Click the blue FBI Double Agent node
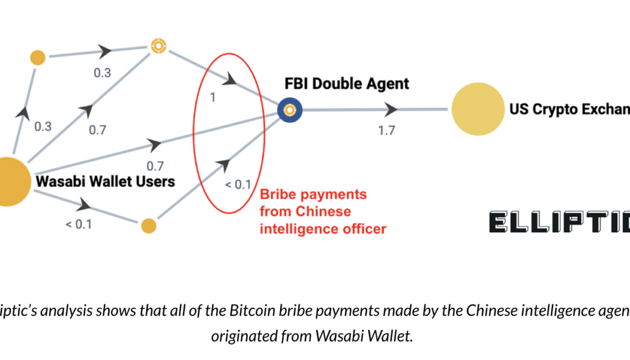[290, 110]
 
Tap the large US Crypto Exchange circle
[478, 109]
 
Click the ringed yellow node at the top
[158, 45]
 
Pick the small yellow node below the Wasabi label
[148, 226]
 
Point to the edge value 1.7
[386, 130]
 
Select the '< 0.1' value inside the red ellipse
[238, 184]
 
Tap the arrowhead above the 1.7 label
[391, 109]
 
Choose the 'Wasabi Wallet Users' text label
[106, 181]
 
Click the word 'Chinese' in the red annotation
[326, 212]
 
